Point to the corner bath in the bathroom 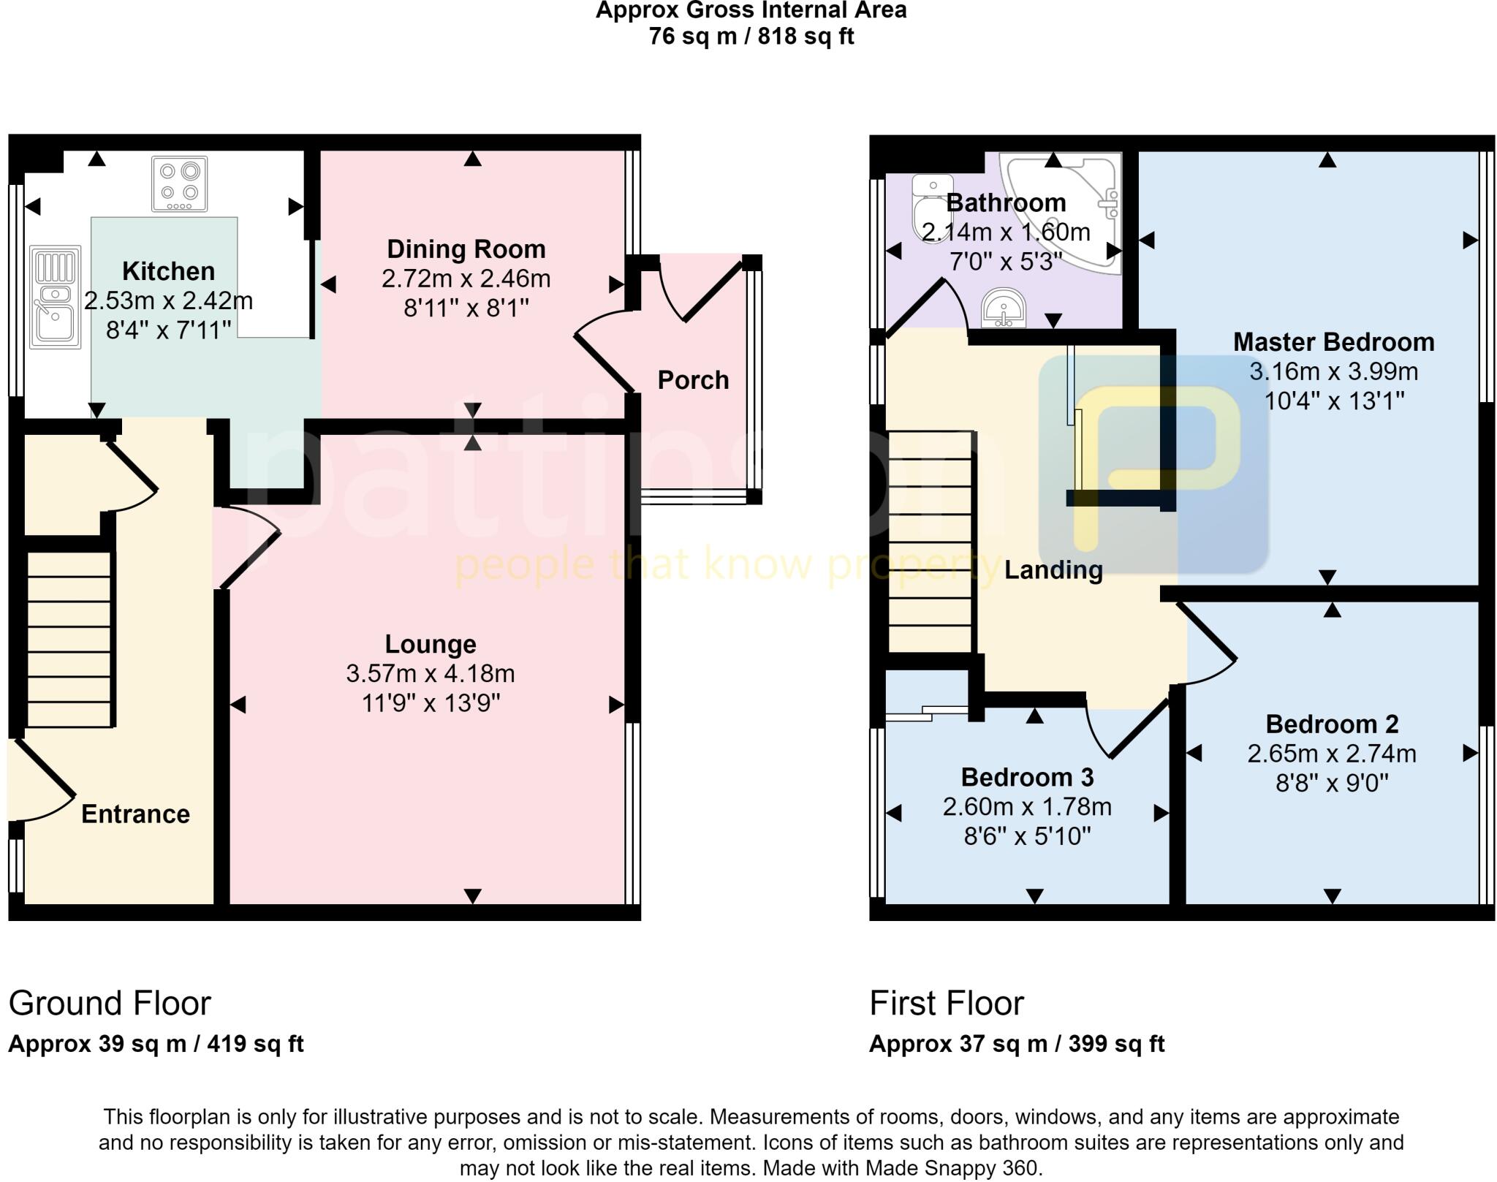(x=1075, y=205)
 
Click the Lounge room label (x=431, y=644)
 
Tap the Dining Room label (x=466, y=249)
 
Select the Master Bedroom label (x=1333, y=342)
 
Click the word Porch (x=693, y=380)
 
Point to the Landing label (x=1053, y=569)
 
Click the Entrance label (x=135, y=814)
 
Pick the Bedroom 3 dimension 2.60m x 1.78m (x=1027, y=807)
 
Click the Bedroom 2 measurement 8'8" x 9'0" (x=1332, y=784)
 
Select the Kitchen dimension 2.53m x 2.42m (x=169, y=300)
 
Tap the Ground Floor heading (x=110, y=1003)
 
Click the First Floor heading (x=947, y=1003)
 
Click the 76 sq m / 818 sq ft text (x=751, y=36)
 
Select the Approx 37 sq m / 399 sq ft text (x=1016, y=1044)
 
